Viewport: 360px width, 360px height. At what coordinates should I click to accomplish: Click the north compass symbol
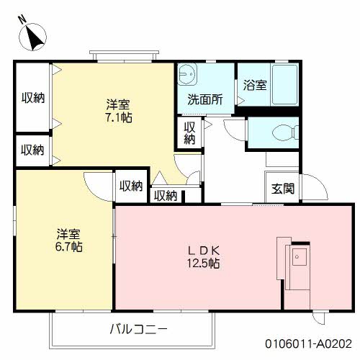[x=32, y=37]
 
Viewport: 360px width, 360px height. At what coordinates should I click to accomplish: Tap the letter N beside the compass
[x=22, y=19]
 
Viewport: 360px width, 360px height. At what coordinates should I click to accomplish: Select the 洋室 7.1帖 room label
[x=119, y=111]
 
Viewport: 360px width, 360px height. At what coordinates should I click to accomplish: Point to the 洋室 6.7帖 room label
[x=69, y=240]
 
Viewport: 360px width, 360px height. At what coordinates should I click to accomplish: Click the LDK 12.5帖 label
[x=204, y=257]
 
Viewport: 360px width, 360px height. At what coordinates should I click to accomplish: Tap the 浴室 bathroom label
[x=255, y=85]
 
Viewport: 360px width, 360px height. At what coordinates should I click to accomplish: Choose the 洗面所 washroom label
[x=205, y=99]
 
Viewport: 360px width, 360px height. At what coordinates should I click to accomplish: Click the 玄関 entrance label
[x=283, y=189]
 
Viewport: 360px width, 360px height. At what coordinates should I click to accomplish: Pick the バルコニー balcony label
[x=138, y=329]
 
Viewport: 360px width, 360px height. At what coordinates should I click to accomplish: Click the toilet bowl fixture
[x=286, y=132]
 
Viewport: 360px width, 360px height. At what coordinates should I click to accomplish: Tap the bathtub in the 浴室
[x=284, y=84]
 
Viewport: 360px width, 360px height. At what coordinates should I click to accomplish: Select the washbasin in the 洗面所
[x=186, y=74]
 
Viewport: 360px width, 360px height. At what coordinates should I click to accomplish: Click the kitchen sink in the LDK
[x=299, y=257]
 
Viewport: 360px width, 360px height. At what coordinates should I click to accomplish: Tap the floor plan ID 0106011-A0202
[x=308, y=343]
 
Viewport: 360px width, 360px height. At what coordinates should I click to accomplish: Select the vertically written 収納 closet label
[x=189, y=133]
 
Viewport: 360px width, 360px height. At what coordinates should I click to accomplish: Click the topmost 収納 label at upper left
[x=33, y=98]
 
